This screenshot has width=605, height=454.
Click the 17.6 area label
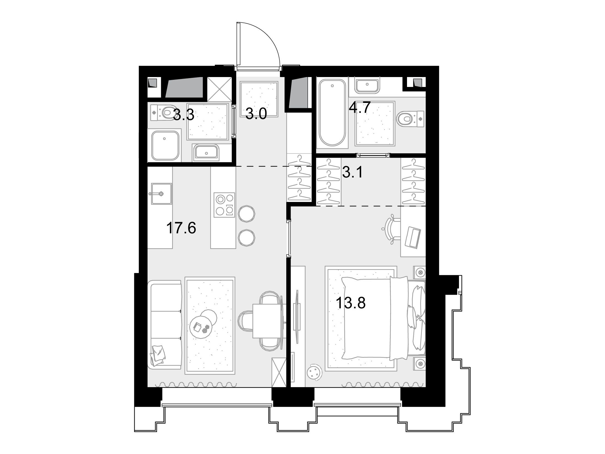[x=181, y=228]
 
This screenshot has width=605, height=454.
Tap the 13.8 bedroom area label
[x=351, y=303]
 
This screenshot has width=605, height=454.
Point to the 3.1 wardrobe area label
[x=353, y=173]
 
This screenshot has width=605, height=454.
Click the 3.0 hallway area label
[x=256, y=114]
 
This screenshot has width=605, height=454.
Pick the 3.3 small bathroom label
[x=184, y=115]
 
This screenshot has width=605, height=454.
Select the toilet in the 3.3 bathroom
[x=164, y=112]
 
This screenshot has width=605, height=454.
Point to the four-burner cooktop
[x=224, y=205]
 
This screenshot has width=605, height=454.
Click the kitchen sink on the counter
[x=161, y=194]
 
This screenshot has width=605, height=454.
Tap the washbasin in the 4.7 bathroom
[x=367, y=86]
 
